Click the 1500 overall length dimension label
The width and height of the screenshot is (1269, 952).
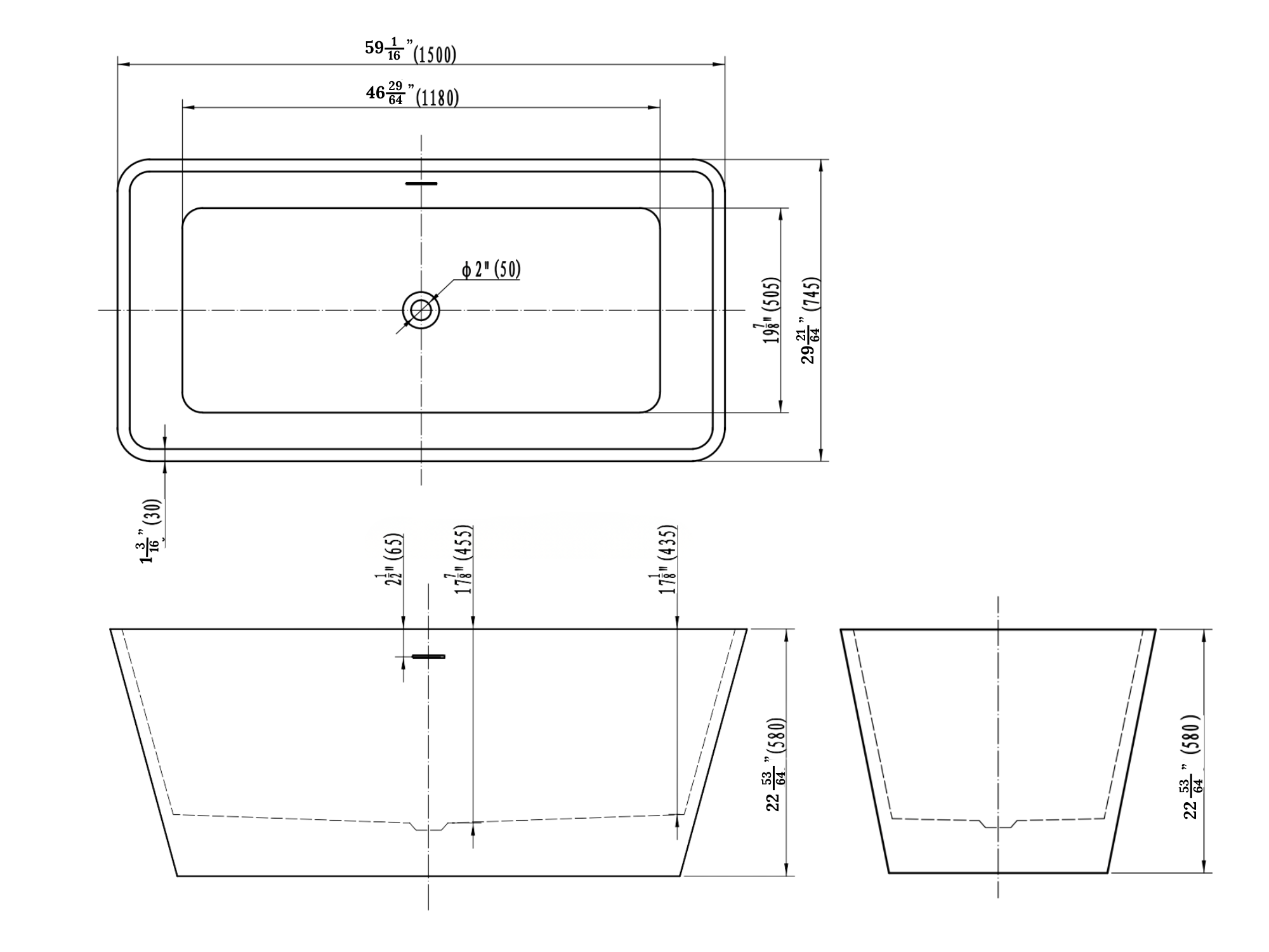point(411,51)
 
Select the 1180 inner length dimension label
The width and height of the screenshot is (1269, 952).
point(412,95)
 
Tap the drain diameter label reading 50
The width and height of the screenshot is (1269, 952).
point(491,270)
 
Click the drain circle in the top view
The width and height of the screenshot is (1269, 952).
point(421,310)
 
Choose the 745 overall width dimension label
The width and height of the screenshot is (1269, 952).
point(812,320)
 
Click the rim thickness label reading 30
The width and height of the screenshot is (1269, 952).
point(152,531)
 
